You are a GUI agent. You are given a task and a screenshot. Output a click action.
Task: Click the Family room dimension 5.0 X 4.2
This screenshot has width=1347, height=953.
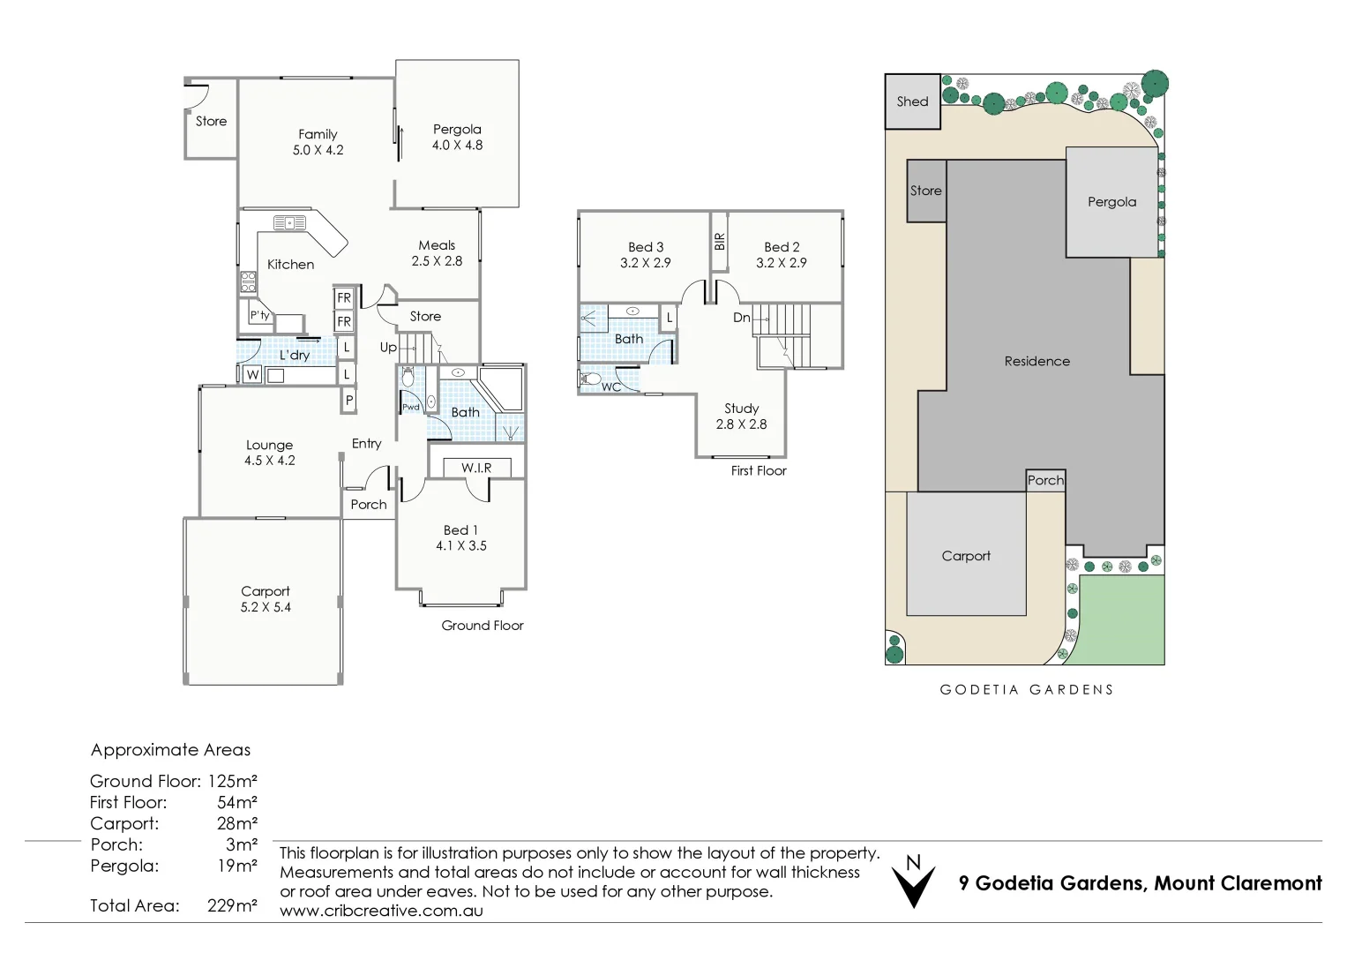click(318, 150)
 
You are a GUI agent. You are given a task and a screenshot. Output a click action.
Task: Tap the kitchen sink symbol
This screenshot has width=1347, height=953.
click(289, 223)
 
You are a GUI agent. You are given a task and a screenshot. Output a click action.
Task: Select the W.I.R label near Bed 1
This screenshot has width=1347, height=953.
click(476, 468)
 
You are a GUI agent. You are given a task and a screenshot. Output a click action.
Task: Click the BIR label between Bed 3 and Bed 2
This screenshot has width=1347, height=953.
click(720, 241)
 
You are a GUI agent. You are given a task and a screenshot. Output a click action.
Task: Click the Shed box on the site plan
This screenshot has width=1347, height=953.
click(912, 101)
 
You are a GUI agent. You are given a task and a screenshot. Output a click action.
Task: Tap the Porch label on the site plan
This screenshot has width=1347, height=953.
click(1045, 480)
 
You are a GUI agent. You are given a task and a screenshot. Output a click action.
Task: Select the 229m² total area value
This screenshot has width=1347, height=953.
click(232, 905)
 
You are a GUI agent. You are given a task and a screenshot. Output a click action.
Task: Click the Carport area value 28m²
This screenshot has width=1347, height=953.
click(236, 823)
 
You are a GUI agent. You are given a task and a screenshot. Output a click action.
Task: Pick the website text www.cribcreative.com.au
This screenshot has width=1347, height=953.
click(381, 911)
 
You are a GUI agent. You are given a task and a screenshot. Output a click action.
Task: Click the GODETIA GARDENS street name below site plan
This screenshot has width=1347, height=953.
click(1027, 690)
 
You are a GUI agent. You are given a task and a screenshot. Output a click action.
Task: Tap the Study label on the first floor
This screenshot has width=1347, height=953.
click(741, 409)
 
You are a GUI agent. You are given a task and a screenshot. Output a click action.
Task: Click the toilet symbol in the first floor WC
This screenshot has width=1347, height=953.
click(590, 379)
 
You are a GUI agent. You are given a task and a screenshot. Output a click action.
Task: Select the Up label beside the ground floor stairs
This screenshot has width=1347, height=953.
click(388, 348)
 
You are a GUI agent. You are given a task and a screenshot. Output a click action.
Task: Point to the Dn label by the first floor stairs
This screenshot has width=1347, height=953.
click(742, 318)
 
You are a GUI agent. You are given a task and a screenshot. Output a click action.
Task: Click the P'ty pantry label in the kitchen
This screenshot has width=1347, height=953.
click(259, 315)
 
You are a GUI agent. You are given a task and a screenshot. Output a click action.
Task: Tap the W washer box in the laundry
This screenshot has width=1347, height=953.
click(252, 375)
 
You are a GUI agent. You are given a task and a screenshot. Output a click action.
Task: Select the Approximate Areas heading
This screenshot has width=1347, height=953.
click(170, 750)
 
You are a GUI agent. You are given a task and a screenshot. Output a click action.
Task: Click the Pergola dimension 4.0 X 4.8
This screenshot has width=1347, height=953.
click(457, 146)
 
